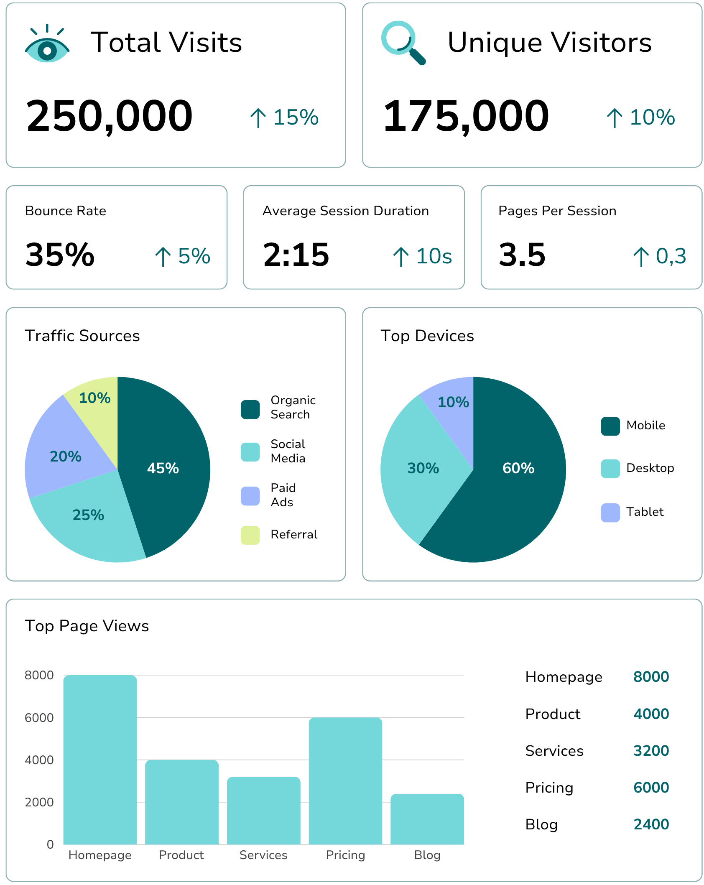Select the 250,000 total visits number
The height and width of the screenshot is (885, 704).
(110, 116)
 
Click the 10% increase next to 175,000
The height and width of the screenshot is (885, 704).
(641, 117)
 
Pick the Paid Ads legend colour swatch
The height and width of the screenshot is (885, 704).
(250, 496)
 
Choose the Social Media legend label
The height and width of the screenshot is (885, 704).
(288, 451)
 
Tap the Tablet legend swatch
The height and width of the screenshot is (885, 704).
(610, 513)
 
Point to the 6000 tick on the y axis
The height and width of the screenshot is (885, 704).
(39, 718)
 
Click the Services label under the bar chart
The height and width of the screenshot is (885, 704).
(263, 855)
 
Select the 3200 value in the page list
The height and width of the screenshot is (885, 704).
(651, 751)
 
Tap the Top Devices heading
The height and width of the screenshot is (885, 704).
(427, 336)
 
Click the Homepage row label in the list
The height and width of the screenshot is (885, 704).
(564, 677)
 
